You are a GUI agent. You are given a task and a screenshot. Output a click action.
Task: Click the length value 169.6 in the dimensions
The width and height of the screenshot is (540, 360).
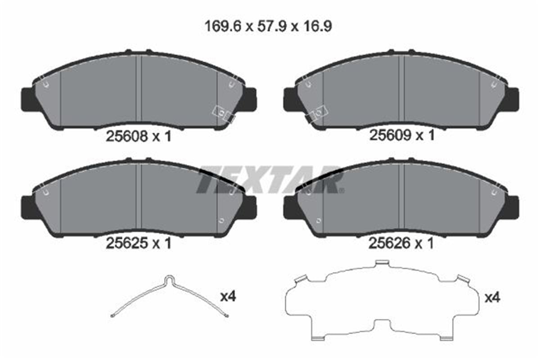pyautogui.click(x=223, y=26)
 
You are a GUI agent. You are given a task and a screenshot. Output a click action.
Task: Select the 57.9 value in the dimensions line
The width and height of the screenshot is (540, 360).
pyautogui.click(x=272, y=26)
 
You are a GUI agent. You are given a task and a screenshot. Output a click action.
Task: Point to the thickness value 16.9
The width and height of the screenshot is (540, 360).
pyautogui.click(x=317, y=26)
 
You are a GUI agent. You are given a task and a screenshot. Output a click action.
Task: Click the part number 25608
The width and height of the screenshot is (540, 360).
pyautogui.click(x=126, y=136)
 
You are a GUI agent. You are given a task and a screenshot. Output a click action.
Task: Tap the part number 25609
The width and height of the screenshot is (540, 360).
pyautogui.click(x=390, y=135)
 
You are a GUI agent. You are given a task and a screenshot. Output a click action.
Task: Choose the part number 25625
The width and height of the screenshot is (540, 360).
pyautogui.click(x=126, y=243)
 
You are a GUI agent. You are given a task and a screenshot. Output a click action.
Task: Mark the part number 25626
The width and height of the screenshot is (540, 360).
pyautogui.click(x=389, y=243)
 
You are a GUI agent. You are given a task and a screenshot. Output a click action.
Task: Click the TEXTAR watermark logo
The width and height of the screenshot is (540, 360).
pyautogui.click(x=270, y=180)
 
